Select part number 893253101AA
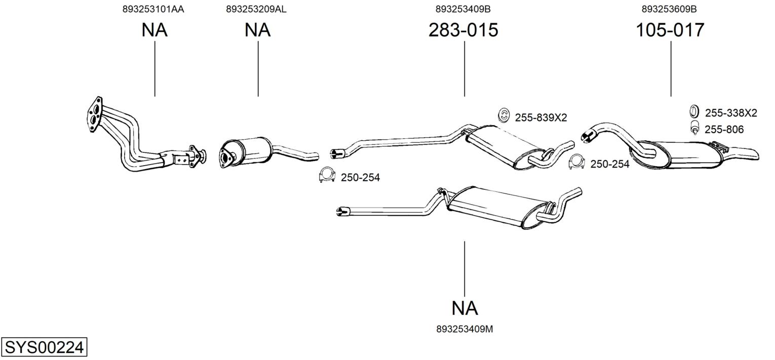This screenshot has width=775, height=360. coord(153,9)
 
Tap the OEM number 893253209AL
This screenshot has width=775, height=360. coord(256,9)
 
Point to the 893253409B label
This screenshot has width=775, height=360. coord(463,9)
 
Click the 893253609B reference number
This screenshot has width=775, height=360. coord(669,9)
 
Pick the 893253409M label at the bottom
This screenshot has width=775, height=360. coord(464,329)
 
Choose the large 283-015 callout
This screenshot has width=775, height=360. coord(463,30)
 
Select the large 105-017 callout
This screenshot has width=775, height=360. coord(670,30)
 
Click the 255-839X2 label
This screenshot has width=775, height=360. coord(541,118)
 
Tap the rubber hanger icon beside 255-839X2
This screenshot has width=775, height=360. coord(504,115)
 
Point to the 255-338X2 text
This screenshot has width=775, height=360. coord(731,113)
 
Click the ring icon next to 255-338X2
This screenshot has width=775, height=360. coord(694,112)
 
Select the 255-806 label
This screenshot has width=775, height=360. coord(724,130)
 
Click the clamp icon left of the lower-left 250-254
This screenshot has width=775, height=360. coord(327,175)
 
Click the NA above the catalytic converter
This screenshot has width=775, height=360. coord(257,30)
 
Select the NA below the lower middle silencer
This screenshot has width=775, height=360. coord(464,308)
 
